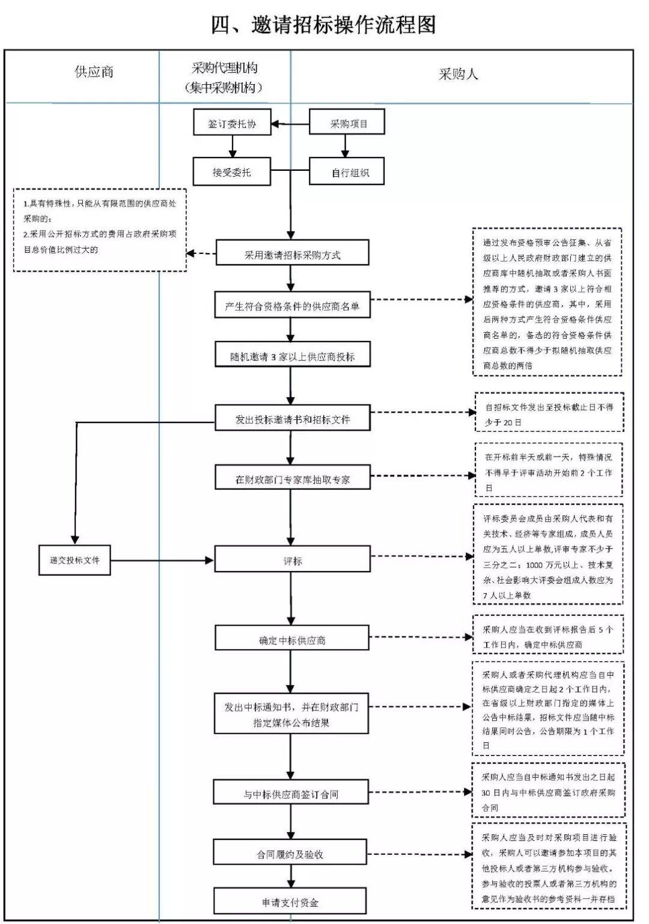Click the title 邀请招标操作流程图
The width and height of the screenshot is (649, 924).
[x=323, y=25]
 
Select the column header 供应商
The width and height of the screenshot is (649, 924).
[x=94, y=72]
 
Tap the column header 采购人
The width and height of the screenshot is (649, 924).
[x=458, y=75]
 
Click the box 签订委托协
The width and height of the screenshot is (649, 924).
[x=232, y=123]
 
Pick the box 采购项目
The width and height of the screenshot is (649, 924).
[x=347, y=123]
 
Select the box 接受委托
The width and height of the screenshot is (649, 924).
[x=232, y=172]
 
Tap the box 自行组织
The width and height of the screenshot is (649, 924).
[x=347, y=173]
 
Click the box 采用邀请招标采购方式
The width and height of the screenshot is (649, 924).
[x=292, y=254]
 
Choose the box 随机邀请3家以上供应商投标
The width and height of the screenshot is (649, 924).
[x=292, y=356]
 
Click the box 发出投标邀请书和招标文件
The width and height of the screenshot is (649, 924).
[x=292, y=419]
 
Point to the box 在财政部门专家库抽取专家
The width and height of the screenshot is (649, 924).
[x=292, y=479]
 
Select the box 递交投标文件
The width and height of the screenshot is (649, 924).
[x=75, y=560]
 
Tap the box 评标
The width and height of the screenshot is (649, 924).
[x=292, y=561]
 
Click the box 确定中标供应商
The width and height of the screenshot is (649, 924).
[x=292, y=640]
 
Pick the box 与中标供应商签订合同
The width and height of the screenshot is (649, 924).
[x=291, y=794]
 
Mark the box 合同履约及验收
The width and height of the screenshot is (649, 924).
[x=290, y=854]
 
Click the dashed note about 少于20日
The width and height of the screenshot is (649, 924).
[x=549, y=414]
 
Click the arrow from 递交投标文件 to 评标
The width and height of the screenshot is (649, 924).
[x=162, y=561]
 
